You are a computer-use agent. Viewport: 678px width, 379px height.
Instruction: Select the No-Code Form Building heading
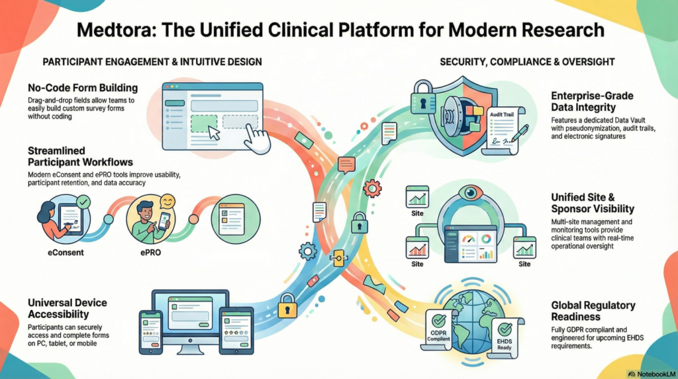[83, 88]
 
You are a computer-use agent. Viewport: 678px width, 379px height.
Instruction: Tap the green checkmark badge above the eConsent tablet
[83, 201]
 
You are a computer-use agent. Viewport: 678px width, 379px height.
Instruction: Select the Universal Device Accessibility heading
[68, 308]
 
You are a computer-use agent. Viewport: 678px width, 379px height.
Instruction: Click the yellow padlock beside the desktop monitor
[287, 306]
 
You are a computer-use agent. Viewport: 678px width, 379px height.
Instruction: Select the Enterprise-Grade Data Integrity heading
[593, 101]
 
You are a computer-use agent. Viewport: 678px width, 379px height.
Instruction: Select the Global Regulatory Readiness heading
[593, 311]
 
